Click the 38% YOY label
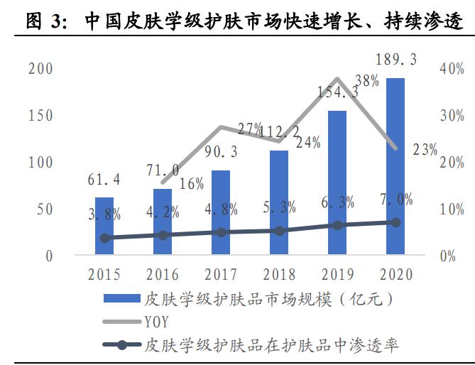coord(367,81)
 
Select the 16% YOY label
coord(192,184)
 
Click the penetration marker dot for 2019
coord(337,225)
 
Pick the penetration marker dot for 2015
coord(104,238)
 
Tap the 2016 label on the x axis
coord(163,274)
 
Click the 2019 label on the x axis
coord(337,274)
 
